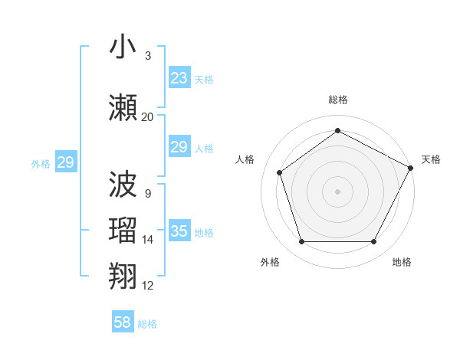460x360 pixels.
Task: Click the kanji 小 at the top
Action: click(x=123, y=47)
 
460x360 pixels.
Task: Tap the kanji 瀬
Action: click(x=123, y=107)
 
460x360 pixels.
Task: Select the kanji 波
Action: click(x=123, y=184)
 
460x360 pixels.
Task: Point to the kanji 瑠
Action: click(x=123, y=231)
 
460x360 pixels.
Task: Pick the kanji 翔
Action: click(x=123, y=276)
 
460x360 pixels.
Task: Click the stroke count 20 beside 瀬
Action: click(x=147, y=117)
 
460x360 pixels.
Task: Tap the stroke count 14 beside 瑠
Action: click(x=147, y=240)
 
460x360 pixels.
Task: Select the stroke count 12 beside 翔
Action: click(x=147, y=286)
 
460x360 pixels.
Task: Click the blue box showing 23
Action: click(x=179, y=78)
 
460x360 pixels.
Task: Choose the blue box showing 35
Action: click(x=179, y=231)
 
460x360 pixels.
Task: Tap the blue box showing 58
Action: click(x=123, y=322)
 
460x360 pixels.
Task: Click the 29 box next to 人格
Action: click(x=179, y=147)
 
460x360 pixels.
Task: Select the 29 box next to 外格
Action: click(x=66, y=162)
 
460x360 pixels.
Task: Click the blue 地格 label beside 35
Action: click(x=204, y=233)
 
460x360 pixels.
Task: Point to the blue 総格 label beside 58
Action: click(x=147, y=324)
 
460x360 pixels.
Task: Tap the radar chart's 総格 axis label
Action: click(x=338, y=100)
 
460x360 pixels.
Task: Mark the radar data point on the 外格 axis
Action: click(x=301, y=242)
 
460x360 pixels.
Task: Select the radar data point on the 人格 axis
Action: click(x=280, y=172)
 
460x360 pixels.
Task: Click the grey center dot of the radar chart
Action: click(x=338, y=191)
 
